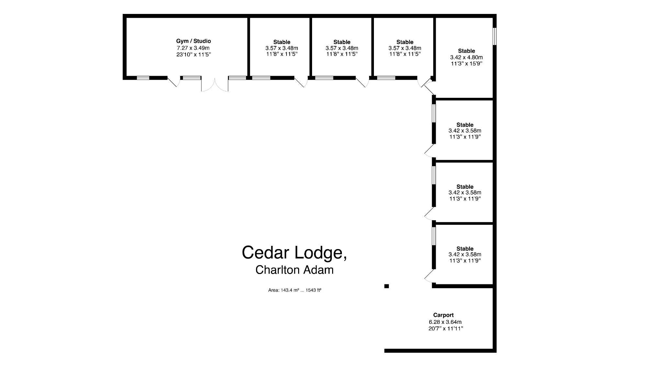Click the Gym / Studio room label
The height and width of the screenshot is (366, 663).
coord(193,41)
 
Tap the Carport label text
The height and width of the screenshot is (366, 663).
coord(443,315)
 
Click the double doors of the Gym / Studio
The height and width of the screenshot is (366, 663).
coord(215,85)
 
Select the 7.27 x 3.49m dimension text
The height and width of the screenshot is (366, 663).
coord(193,48)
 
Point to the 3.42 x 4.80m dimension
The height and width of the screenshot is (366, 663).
coord(466,57)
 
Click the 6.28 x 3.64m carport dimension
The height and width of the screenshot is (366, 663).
coord(445,322)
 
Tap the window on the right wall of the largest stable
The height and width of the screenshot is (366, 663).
coord(494,36)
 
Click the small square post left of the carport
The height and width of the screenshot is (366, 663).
coord(386,286)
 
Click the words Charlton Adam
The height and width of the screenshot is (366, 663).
coord(294,270)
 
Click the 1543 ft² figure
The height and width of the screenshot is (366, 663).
coord(313,290)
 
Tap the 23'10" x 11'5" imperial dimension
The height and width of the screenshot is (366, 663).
coord(193,54)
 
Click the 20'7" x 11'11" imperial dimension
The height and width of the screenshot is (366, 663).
coord(445,329)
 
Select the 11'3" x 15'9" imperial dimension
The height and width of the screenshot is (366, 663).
coord(466,63)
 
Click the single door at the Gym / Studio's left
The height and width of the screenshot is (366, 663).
coord(174,82)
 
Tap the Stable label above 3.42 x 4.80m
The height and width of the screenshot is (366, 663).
coord(466,51)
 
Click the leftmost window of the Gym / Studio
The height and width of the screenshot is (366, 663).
coord(143,78)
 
